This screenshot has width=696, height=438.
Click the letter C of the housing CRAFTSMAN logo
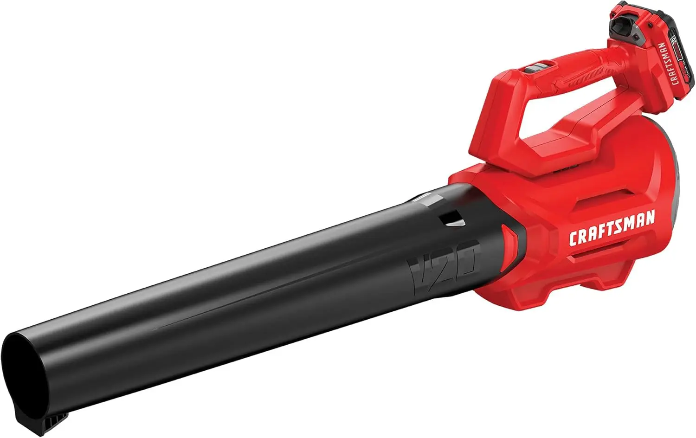[574, 238]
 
